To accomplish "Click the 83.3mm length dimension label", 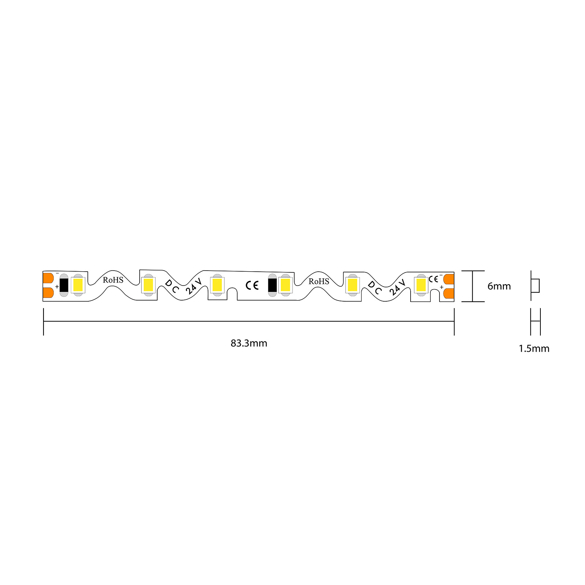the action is click(x=249, y=343).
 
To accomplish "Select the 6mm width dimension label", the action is click(x=499, y=286).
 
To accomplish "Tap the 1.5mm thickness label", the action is click(x=534, y=348).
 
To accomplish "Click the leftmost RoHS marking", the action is click(x=113, y=280).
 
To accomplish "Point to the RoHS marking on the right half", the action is click(x=319, y=281).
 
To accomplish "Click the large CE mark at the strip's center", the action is click(x=252, y=285).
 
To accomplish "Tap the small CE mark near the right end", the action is click(x=433, y=279).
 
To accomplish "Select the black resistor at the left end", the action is click(x=64, y=285).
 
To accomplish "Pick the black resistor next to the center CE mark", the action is click(x=272, y=285).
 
